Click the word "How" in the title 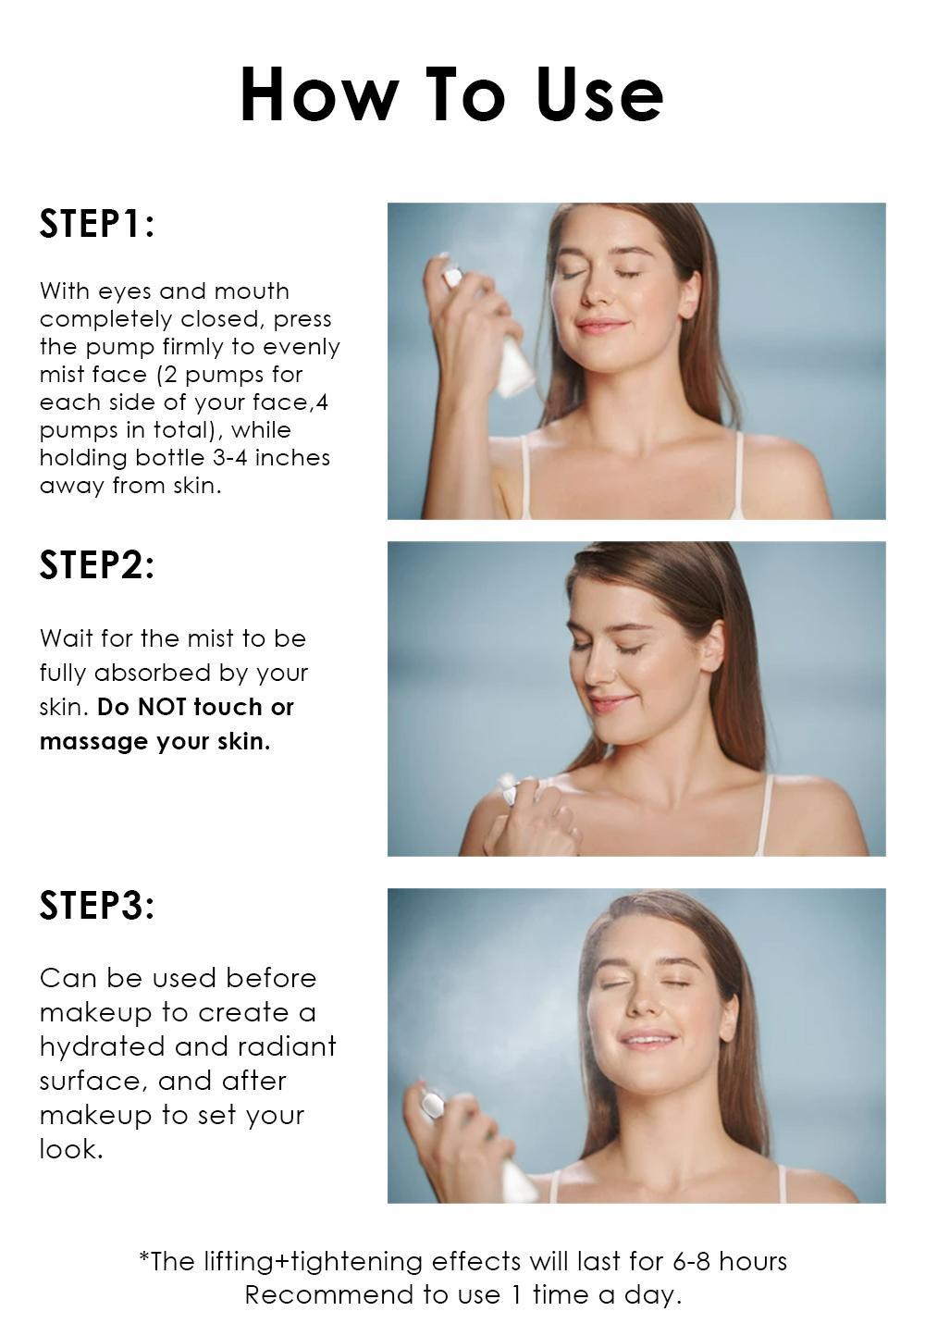pos(319,94)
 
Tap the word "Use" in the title pos(599,94)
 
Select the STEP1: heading pos(96,223)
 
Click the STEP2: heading pos(96,564)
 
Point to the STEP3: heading pos(96,905)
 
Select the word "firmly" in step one pos(209,348)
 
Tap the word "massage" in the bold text pos(94,742)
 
